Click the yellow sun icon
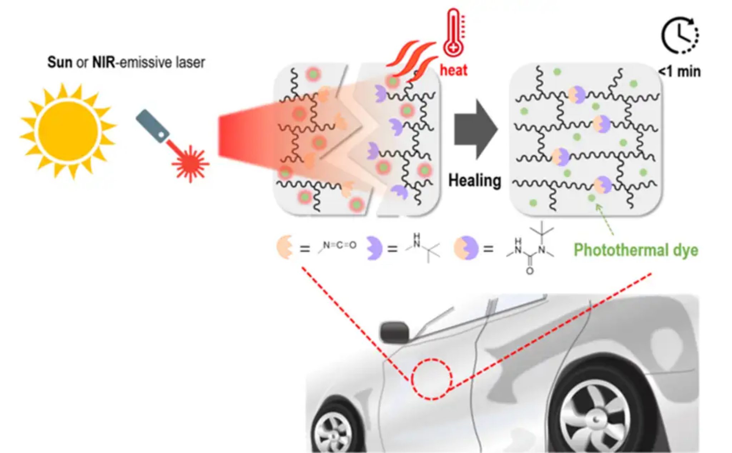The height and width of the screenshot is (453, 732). tap(68, 130)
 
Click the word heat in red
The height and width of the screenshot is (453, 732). tap(453, 70)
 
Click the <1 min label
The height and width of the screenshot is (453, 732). tap(679, 71)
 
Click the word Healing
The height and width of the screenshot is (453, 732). tap(475, 180)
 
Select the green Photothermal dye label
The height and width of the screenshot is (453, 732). tap(635, 250)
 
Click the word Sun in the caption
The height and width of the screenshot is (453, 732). tap(60, 63)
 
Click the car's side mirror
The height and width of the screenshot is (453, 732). tap(394, 332)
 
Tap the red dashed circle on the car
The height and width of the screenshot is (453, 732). tap(431, 379)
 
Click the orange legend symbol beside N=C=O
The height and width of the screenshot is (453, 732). tap(285, 247)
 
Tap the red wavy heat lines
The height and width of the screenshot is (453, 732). tap(411, 61)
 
